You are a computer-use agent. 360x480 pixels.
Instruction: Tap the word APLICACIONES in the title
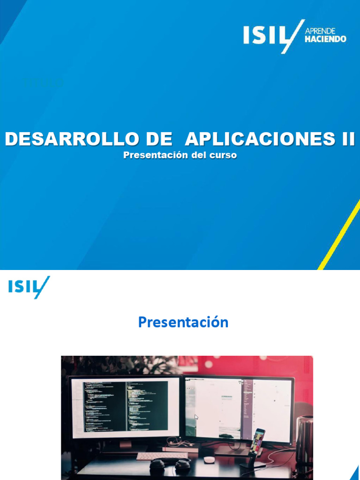tap(255, 139)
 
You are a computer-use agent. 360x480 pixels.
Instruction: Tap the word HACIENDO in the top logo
tap(325, 39)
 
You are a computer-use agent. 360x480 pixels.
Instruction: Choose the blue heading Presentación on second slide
tap(183, 322)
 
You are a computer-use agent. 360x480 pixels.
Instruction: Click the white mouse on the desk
tap(209, 459)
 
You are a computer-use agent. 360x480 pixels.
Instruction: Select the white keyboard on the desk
tap(161, 455)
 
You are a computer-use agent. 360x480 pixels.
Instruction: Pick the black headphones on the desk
tap(170, 466)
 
